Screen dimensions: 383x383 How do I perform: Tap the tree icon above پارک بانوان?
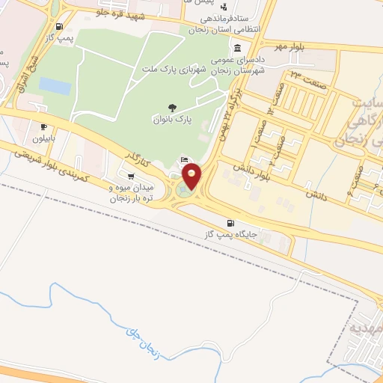173,108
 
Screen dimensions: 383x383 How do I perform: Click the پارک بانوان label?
174,120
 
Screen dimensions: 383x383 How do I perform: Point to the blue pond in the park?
55,85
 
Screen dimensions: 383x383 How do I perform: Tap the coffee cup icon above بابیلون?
44,127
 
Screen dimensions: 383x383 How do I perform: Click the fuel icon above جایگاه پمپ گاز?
230,223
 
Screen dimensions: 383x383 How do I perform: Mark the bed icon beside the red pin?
185,161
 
